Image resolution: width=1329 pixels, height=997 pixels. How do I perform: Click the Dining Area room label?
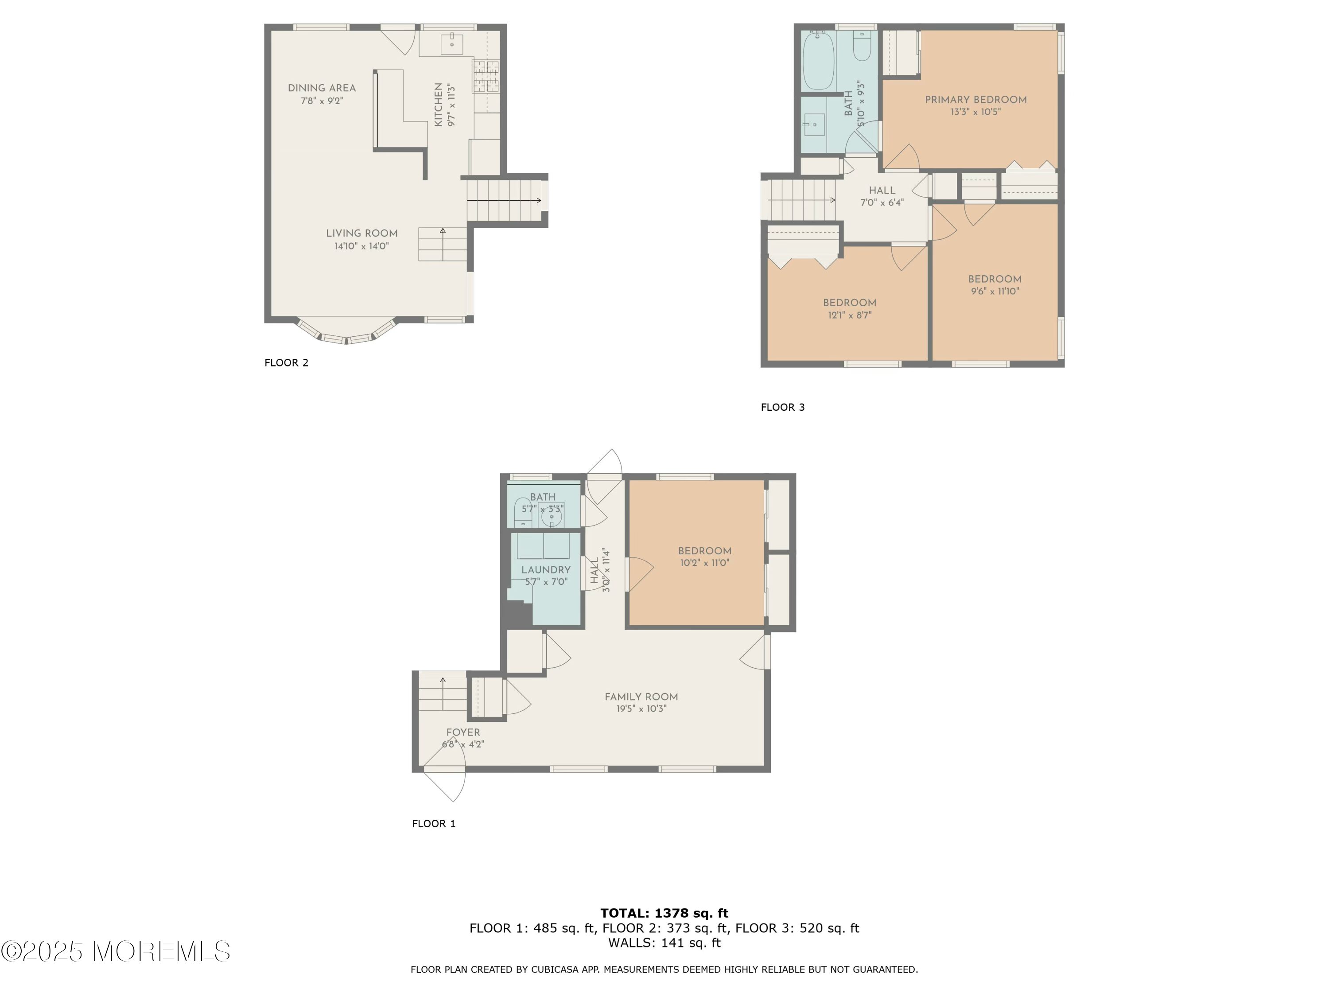coord(322,88)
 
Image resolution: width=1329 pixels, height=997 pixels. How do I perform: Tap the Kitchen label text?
coord(438,105)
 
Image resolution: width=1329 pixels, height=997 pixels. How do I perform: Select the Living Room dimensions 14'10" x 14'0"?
coord(361,246)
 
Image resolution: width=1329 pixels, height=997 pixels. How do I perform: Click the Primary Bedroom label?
coord(976,100)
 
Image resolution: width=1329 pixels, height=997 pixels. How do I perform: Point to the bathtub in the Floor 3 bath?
coord(818,60)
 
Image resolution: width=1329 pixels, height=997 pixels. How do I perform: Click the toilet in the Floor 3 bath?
coord(862,46)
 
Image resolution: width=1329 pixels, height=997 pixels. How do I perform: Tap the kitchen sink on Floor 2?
coord(451,44)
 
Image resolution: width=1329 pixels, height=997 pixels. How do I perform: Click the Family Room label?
coord(641,697)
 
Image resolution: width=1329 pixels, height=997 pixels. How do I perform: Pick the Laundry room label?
coord(545,570)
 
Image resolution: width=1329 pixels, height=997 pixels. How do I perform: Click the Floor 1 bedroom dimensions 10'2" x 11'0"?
coord(704,563)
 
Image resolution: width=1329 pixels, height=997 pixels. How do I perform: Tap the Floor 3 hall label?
coord(882,191)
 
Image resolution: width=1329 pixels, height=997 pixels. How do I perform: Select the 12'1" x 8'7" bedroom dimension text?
coord(850,315)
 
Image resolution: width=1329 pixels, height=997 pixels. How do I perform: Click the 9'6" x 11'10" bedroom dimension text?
coord(995,292)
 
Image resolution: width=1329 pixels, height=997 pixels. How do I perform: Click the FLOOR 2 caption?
coord(287,362)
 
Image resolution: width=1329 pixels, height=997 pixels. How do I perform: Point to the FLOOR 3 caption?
coord(782,407)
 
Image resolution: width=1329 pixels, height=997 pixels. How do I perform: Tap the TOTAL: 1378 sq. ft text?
coord(664,913)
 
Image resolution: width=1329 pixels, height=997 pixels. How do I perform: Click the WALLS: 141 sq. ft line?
coord(664,942)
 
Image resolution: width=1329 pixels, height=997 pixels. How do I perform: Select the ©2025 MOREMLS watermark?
coord(115,951)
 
